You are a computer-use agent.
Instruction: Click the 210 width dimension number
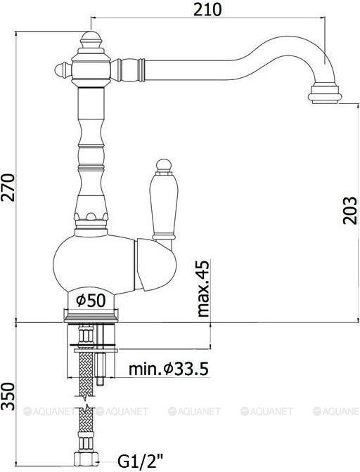pos(207,10)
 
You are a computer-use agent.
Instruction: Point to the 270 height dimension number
pos(8,188)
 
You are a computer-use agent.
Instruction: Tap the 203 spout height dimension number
pos(350,211)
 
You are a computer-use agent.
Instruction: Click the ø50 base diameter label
pos(91,300)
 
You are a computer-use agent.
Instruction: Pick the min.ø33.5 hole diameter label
pos(169,369)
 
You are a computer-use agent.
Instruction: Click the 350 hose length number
pos(8,396)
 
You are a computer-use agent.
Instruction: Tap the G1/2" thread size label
pos(140,460)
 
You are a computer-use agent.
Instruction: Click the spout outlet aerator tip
pos(325,95)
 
